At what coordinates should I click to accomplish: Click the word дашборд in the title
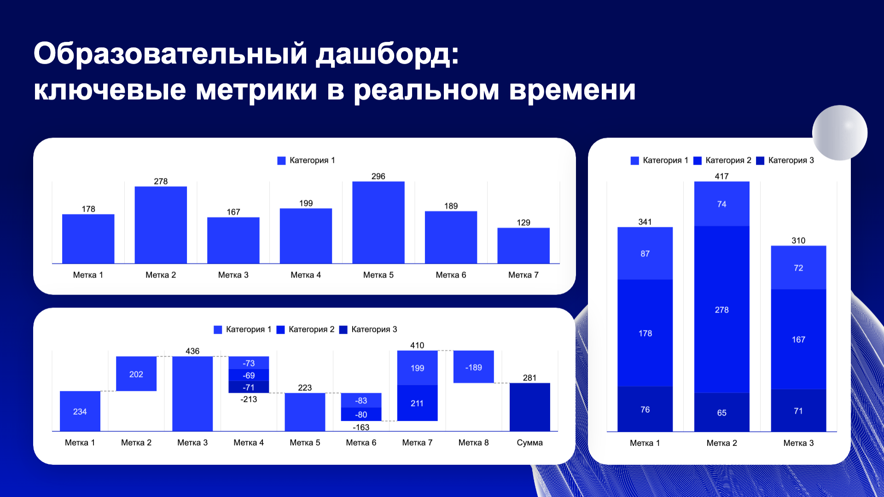point(387,54)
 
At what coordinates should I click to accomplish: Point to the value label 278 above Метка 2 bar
point(161,181)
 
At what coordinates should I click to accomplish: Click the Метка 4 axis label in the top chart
point(305,275)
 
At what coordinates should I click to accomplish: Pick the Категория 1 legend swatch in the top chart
point(281,161)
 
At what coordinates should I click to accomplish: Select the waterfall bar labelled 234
point(80,411)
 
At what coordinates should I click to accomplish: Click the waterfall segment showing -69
point(249,376)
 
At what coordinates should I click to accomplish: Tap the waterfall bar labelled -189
point(473,367)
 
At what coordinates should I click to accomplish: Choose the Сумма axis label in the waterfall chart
point(529,442)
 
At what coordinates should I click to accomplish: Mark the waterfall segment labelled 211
point(417,403)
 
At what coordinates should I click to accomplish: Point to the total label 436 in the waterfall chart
point(192,351)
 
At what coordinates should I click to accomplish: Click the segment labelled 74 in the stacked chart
point(721,204)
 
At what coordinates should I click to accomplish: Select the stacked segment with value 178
point(645,333)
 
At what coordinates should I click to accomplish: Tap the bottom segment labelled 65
point(721,412)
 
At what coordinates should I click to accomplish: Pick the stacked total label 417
point(721,176)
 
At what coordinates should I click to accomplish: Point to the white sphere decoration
point(839,133)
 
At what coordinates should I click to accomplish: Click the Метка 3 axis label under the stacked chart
point(798,443)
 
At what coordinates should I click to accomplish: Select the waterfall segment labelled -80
point(361,414)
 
